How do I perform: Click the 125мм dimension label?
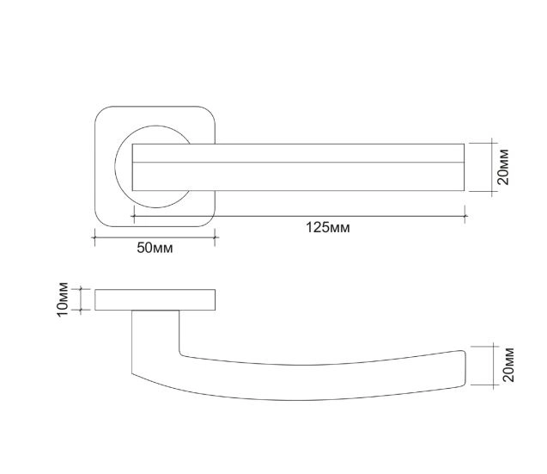tap(327, 228)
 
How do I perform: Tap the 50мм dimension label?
tap(155, 248)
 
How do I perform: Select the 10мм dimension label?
tap(63, 299)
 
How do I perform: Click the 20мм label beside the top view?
tap(503, 167)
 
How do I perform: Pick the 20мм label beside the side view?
tap(508, 365)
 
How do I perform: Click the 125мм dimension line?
tap(300, 217)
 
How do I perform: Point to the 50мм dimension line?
tap(155, 237)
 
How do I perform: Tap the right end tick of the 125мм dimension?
tap(465, 214)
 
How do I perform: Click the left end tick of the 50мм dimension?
tap(94, 237)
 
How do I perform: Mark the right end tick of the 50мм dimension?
tap(215, 237)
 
